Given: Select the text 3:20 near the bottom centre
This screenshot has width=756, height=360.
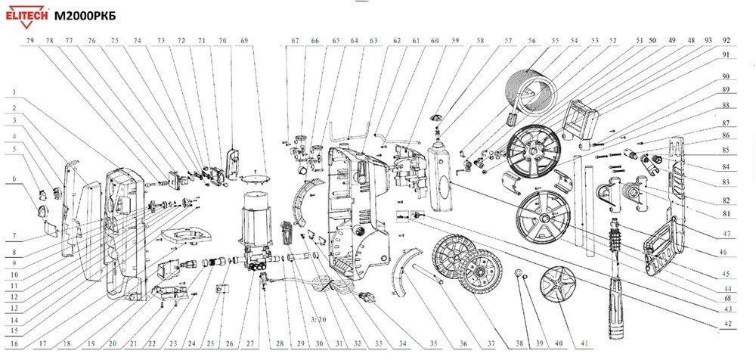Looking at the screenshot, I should (x=317, y=320).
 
